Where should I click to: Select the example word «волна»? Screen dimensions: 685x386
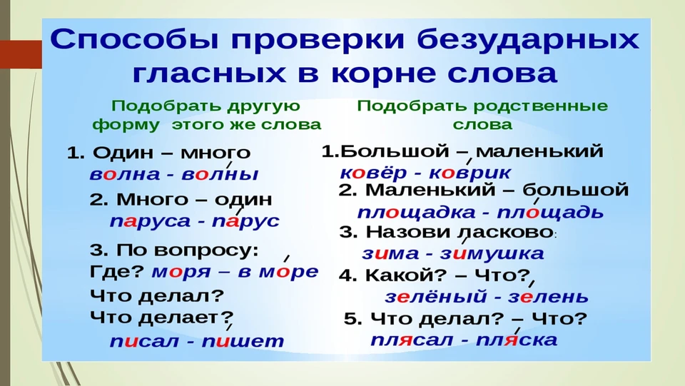[x=125, y=174]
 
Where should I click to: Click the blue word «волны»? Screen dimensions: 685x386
[x=220, y=174]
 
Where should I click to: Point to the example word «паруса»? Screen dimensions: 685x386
[x=150, y=221]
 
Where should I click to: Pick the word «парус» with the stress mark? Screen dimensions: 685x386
[x=245, y=221]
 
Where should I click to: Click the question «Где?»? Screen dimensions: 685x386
[x=116, y=272]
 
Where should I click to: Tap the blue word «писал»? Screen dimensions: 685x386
[x=143, y=341]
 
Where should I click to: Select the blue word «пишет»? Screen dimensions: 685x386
[x=243, y=341]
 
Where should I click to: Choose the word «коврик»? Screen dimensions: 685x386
[x=470, y=173]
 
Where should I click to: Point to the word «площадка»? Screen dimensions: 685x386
[x=416, y=213]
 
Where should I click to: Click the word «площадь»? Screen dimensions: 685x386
[x=550, y=213]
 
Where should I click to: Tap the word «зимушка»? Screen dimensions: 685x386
[x=492, y=254]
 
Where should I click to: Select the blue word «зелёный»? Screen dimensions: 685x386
[x=435, y=297]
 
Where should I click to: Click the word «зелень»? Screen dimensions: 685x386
[x=548, y=297]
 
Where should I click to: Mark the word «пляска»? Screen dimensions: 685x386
[x=517, y=340]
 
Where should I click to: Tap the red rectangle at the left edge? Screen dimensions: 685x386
[x=21, y=54]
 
